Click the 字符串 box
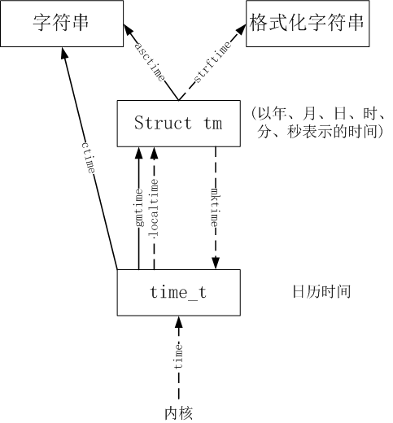pyautogui.click(x=61, y=24)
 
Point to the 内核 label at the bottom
pyautogui.click(x=179, y=412)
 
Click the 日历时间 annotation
pyautogui.click(x=321, y=291)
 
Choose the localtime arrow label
pyautogui.click(x=155, y=207)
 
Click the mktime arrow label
pyautogui.click(x=215, y=208)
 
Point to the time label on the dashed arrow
pyautogui.click(x=179, y=358)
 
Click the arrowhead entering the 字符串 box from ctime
pyautogui.click(x=64, y=53)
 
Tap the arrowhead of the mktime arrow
pyautogui.click(x=216, y=264)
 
